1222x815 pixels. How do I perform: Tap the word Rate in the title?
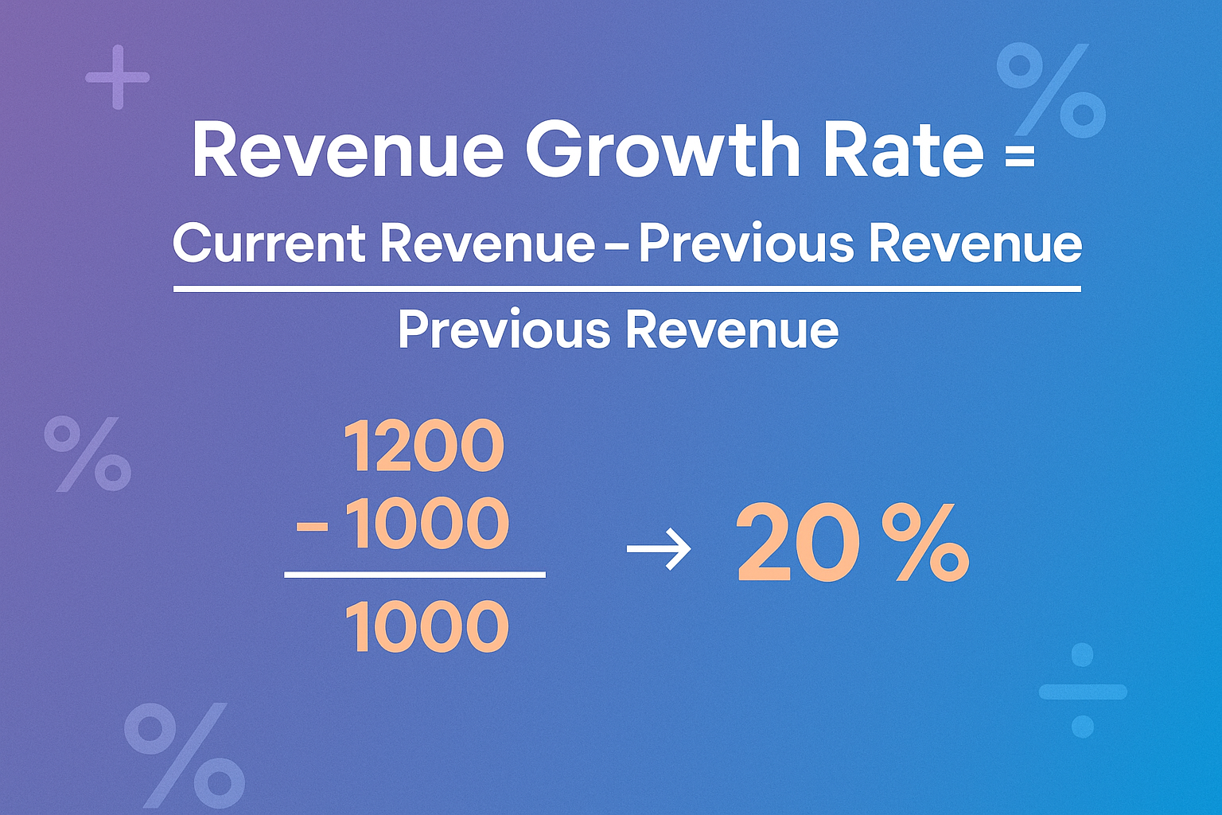[x=904, y=151]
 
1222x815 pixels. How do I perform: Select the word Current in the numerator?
[x=269, y=243]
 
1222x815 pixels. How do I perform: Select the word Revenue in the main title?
[x=348, y=151]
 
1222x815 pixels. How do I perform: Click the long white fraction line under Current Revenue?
[x=627, y=289]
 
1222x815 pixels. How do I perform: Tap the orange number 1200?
[x=424, y=446]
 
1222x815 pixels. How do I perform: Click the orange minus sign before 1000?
[x=313, y=527]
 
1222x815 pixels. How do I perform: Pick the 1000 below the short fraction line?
[x=427, y=628]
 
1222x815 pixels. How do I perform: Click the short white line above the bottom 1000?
[x=414, y=574]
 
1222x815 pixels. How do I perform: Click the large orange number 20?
[x=798, y=544]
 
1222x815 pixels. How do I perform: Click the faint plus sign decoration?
[x=118, y=77]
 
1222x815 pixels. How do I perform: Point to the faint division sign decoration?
[x=1082, y=690]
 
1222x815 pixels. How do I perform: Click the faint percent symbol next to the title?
[x=1051, y=89]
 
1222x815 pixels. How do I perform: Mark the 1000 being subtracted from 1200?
[x=427, y=524]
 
